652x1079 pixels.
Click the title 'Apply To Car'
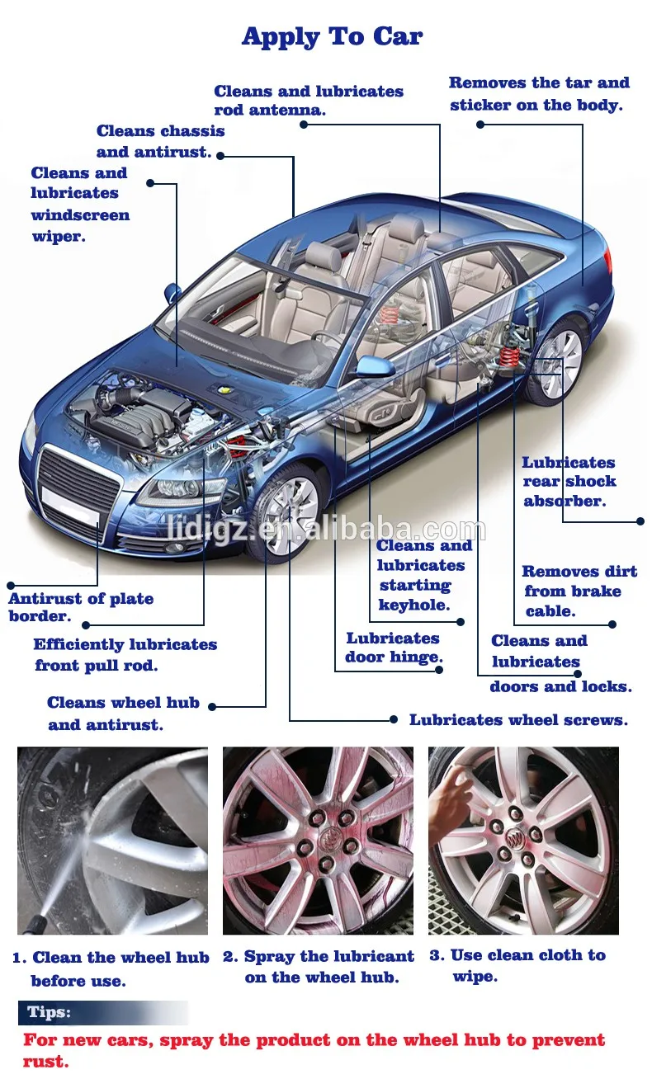[x=332, y=37]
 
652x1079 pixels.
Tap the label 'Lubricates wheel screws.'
[x=518, y=720]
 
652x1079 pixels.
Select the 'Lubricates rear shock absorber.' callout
[x=569, y=482]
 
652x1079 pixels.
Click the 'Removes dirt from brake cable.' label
[x=579, y=591]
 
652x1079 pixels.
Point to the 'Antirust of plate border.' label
[x=81, y=607]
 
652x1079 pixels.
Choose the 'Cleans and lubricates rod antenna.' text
[x=309, y=100]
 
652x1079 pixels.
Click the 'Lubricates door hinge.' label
[x=394, y=648]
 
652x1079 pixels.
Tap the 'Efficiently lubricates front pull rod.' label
[x=125, y=655]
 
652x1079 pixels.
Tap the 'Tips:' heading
[x=49, y=1012]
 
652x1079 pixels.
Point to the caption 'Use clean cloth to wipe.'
[x=517, y=965]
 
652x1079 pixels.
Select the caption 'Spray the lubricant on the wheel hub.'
[x=319, y=967]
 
